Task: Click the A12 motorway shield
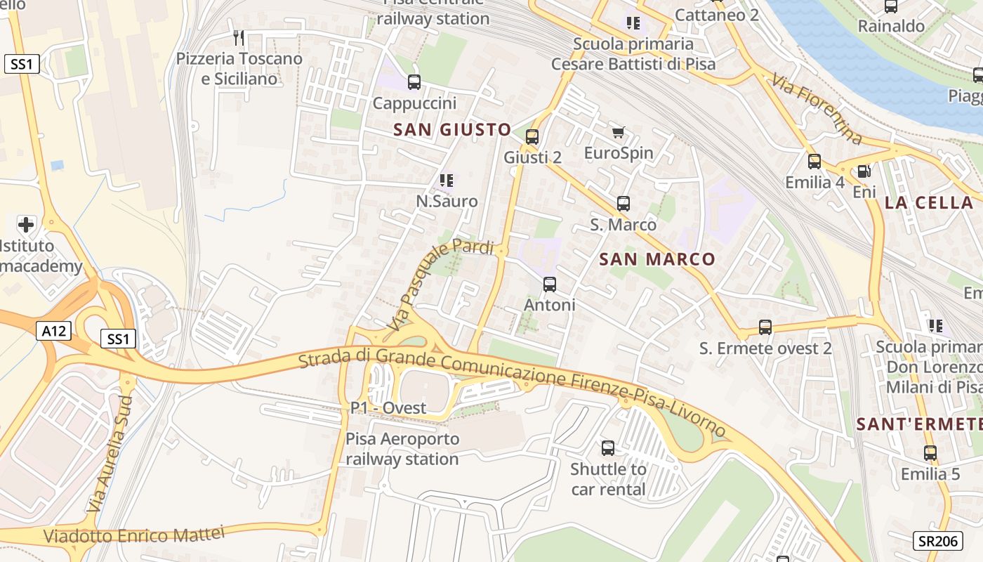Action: (x=53, y=329)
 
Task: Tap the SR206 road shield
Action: (x=937, y=540)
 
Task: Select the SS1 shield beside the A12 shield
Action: (x=118, y=339)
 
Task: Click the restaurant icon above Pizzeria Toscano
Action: (x=239, y=37)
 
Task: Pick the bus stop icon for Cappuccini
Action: (x=414, y=82)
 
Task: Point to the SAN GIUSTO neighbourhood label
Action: (x=451, y=129)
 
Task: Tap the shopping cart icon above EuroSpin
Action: (x=619, y=133)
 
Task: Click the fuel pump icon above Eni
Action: (x=864, y=171)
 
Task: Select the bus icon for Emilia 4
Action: (x=814, y=162)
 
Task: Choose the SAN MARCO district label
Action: (x=657, y=259)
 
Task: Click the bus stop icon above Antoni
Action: (x=550, y=285)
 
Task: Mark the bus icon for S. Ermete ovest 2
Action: (x=765, y=327)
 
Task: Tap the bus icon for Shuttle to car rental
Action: (x=608, y=448)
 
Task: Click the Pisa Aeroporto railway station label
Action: (x=402, y=449)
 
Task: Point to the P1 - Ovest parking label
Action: (x=388, y=408)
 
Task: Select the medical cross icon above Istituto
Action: (x=26, y=225)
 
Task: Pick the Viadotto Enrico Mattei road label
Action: (x=134, y=534)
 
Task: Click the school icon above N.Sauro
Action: (x=447, y=181)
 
